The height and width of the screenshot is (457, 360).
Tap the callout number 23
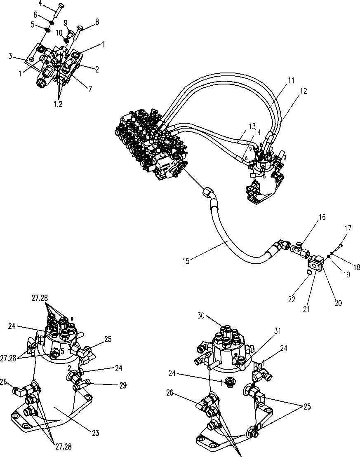(x=95, y=433)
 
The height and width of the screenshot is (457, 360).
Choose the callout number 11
(x=291, y=80)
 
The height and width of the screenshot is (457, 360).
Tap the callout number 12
(x=304, y=92)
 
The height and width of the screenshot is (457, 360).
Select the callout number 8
(x=97, y=22)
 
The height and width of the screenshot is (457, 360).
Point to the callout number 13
(x=252, y=126)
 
